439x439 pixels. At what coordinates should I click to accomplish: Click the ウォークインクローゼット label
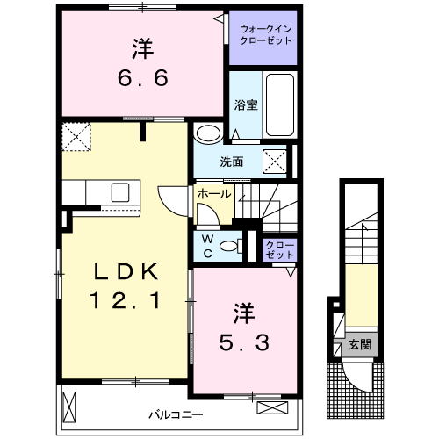click(x=265, y=34)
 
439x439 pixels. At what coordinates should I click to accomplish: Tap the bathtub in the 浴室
click(x=280, y=104)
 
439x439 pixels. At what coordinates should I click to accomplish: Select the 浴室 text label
click(x=246, y=105)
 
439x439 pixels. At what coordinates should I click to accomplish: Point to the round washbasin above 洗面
click(x=208, y=133)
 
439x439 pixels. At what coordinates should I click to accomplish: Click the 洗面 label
click(x=232, y=162)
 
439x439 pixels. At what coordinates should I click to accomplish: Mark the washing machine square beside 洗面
click(x=275, y=162)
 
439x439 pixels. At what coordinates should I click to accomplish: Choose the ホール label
click(x=214, y=194)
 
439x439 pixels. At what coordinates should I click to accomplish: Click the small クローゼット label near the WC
click(x=279, y=250)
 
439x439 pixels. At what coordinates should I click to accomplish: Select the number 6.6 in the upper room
click(x=143, y=78)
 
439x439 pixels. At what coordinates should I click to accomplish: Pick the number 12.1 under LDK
click(x=126, y=300)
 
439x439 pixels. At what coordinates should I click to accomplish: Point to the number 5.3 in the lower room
click(x=244, y=342)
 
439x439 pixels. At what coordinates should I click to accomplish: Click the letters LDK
click(x=126, y=272)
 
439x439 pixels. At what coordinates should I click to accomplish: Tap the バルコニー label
click(x=176, y=414)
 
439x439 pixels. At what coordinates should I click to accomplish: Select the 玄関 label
click(x=360, y=345)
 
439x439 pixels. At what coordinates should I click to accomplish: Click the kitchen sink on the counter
click(x=120, y=192)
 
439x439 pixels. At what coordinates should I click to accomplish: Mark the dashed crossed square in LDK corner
click(x=76, y=137)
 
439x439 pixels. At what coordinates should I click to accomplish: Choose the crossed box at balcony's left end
click(x=69, y=407)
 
